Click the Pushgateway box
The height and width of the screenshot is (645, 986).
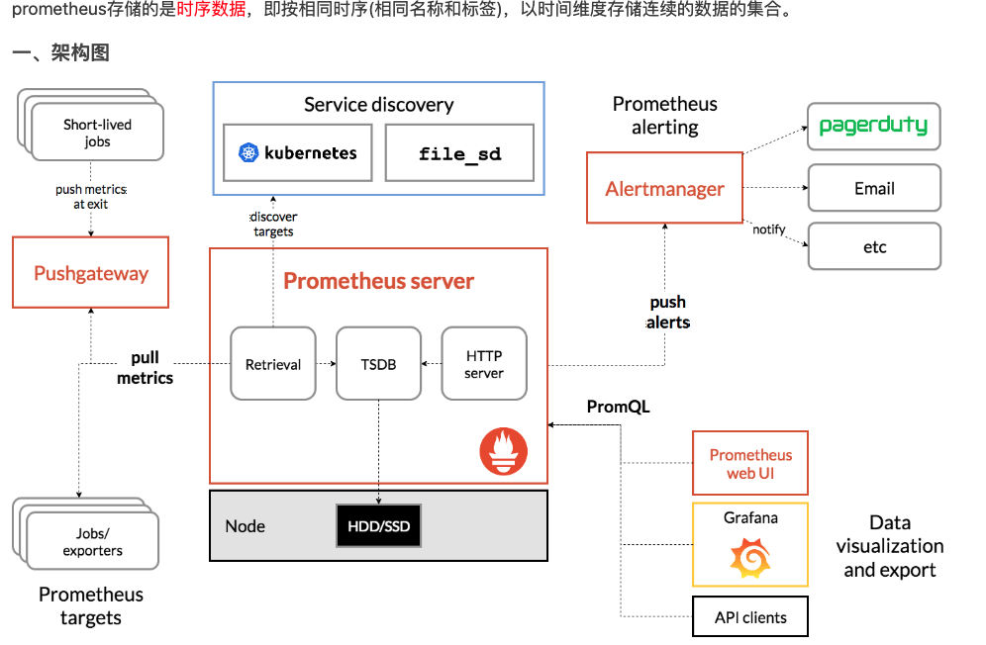(90, 273)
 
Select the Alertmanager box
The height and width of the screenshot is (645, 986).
(664, 188)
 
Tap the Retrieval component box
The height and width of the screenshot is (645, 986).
(273, 364)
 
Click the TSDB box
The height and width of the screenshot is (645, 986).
(378, 364)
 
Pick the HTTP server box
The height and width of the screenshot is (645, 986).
(483, 364)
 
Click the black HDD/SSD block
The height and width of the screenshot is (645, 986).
(378, 526)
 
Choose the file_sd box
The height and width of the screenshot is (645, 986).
(459, 152)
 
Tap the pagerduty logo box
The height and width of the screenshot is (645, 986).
(873, 126)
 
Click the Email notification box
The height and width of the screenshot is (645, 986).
(873, 188)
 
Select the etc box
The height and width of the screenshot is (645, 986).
(873, 246)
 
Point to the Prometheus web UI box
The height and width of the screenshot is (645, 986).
(750, 463)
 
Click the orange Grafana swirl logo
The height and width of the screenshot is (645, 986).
(749, 559)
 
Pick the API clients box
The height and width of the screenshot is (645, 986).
(750, 617)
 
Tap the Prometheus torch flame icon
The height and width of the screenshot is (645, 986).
(504, 451)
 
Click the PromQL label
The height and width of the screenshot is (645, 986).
(618, 407)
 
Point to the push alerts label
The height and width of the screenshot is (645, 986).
(668, 313)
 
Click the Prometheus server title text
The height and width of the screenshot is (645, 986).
(378, 281)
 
